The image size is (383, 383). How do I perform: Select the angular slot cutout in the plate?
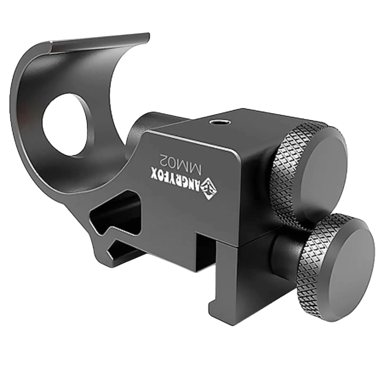click(x=117, y=216)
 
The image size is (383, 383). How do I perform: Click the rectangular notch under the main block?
click(x=206, y=250)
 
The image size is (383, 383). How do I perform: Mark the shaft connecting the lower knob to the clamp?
click(x=284, y=254)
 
